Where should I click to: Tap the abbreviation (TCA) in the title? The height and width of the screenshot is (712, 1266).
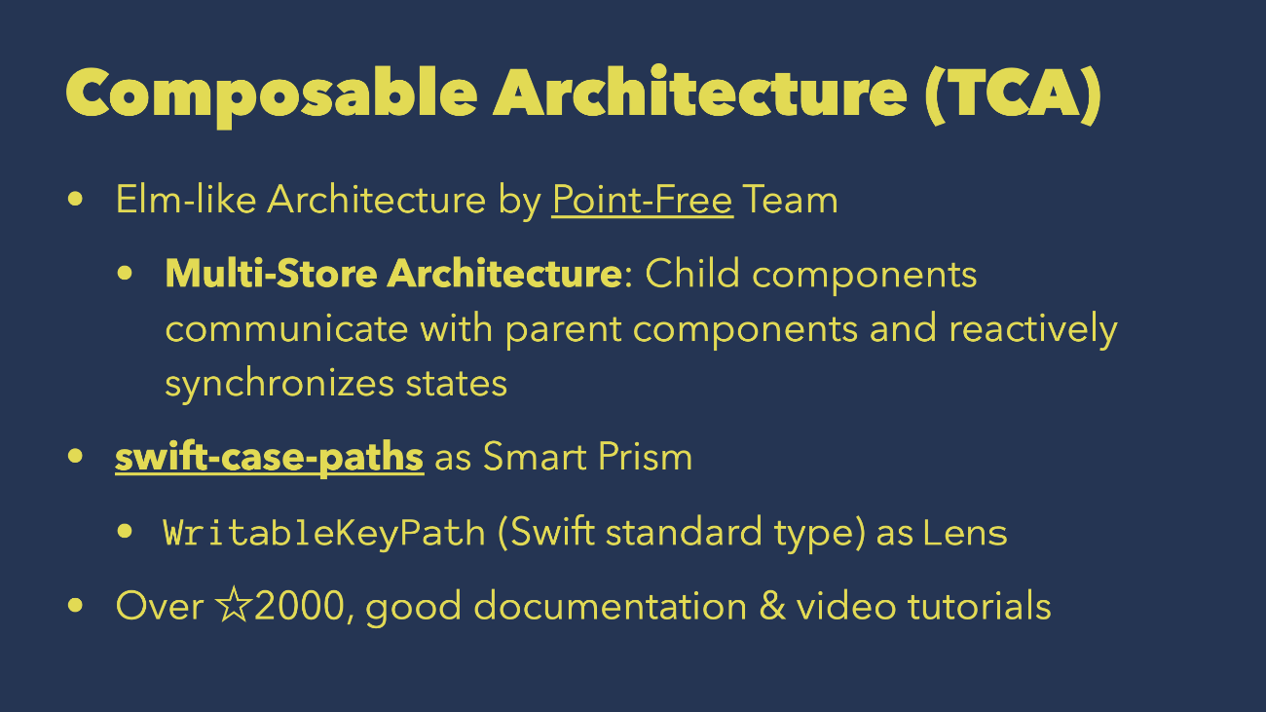[x=1014, y=94]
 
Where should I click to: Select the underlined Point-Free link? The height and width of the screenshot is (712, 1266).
[x=642, y=200]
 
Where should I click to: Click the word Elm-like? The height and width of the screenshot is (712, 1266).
[x=186, y=200]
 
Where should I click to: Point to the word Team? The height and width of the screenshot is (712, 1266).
[x=791, y=200]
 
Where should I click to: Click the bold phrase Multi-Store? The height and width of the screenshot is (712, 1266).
[x=272, y=274]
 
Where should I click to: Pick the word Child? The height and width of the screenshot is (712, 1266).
[x=692, y=274]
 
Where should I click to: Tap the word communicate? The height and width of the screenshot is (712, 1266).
[x=286, y=329]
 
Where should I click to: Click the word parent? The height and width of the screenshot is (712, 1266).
[x=564, y=330]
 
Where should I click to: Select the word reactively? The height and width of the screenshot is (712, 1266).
[x=1033, y=330]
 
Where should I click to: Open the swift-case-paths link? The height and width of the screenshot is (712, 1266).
[x=270, y=457]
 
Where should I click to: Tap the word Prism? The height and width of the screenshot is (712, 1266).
[x=645, y=457]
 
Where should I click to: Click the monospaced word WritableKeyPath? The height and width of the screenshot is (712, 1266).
[x=324, y=533]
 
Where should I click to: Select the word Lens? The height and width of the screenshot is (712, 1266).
[x=965, y=533]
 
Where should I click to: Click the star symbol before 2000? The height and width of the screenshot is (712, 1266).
[x=234, y=605]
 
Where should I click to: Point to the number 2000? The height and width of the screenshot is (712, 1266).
[x=300, y=606]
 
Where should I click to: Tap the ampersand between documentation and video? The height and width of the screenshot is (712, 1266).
[x=772, y=606]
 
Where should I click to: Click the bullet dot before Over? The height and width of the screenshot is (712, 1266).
[x=75, y=606]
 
